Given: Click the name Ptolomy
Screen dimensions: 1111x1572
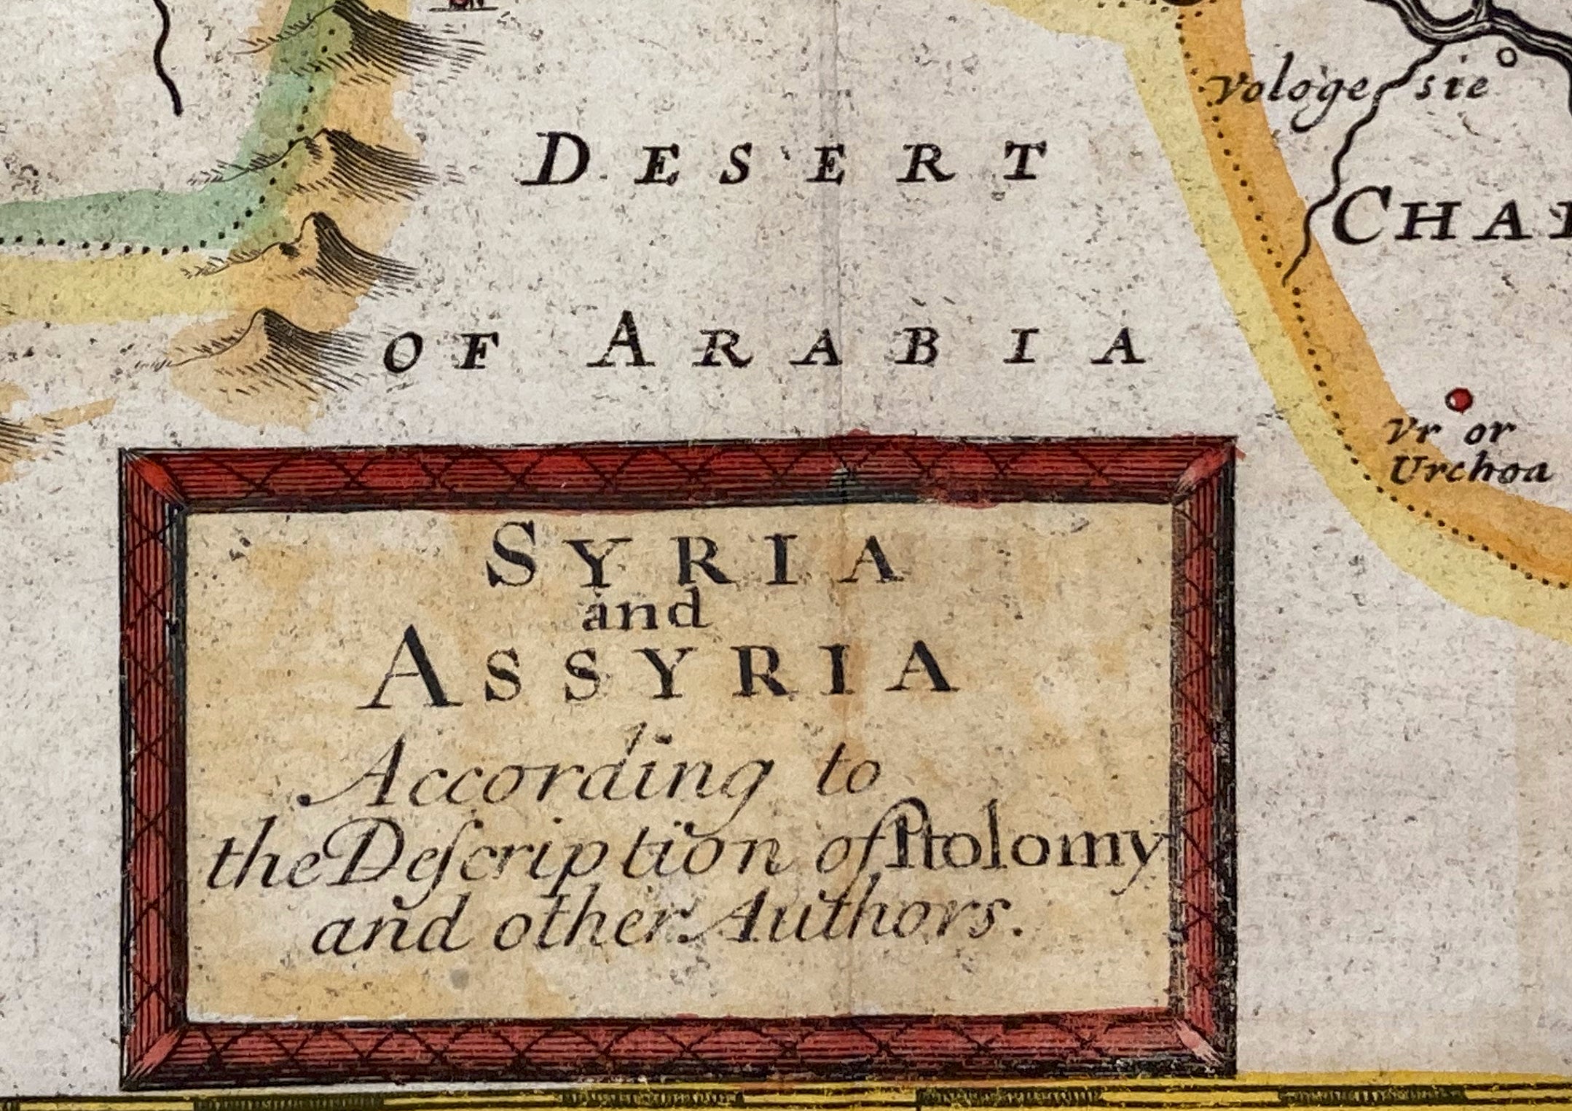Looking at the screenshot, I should (x=1020, y=856).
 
